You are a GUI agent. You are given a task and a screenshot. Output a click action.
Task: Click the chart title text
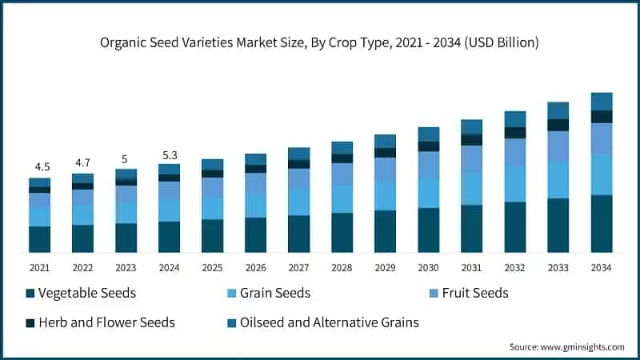coord(320,42)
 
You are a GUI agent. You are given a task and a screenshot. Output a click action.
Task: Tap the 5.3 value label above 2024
coord(170,154)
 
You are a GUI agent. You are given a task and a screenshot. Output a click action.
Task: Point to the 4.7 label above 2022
coord(83,162)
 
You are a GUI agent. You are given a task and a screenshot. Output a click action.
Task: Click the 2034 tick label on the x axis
coord(602,268)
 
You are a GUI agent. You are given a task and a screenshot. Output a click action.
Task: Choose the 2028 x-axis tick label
coord(342,268)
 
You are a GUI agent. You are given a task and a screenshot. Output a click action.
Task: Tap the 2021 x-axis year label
coord(40,268)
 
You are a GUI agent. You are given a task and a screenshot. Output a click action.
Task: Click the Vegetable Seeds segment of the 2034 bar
coord(602,223)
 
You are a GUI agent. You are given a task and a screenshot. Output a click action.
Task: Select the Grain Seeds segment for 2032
coord(515,184)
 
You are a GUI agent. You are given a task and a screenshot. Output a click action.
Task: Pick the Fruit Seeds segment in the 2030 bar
coord(429,163)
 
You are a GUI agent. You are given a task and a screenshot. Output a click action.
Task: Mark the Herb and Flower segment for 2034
coord(602,116)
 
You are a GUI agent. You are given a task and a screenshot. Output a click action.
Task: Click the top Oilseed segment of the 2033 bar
coord(558,110)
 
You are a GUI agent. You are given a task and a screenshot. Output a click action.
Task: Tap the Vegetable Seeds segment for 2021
coord(40,239)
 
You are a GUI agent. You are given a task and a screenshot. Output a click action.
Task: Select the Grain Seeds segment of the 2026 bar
coord(256,205)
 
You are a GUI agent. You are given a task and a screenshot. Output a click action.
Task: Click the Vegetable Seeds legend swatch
coord(30,294)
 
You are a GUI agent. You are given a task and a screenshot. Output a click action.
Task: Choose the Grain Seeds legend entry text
coord(275,294)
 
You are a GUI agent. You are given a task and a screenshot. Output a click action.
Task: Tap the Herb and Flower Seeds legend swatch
coord(30,323)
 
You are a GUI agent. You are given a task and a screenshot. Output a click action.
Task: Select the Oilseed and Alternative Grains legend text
coord(330,323)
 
